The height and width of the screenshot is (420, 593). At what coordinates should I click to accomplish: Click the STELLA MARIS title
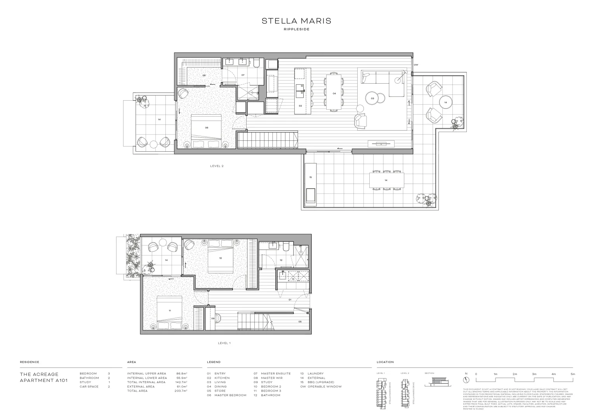pyautogui.click(x=296, y=21)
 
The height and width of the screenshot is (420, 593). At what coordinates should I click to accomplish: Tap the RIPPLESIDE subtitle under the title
pyautogui.click(x=296, y=30)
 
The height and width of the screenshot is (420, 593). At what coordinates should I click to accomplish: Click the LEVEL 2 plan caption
pyautogui.click(x=217, y=166)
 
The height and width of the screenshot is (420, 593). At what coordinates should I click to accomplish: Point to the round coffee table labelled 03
pyautogui.click(x=372, y=98)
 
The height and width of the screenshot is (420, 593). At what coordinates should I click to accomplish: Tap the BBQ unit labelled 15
pyautogui.click(x=310, y=183)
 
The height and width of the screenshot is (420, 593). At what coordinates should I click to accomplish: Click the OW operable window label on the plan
pyautogui.click(x=416, y=65)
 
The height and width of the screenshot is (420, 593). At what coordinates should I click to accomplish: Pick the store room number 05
pyautogui.click(x=300, y=322)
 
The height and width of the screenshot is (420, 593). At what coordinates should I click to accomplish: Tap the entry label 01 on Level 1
pyautogui.click(x=290, y=300)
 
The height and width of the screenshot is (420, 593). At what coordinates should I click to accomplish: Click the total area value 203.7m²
pyautogui.click(x=181, y=391)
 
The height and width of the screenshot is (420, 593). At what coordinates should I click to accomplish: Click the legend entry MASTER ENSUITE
pyautogui.click(x=275, y=374)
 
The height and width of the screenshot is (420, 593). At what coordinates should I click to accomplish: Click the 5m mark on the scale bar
pyautogui.click(x=572, y=374)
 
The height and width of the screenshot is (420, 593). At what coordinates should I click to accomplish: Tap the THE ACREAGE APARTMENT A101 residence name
pyautogui.click(x=43, y=377)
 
